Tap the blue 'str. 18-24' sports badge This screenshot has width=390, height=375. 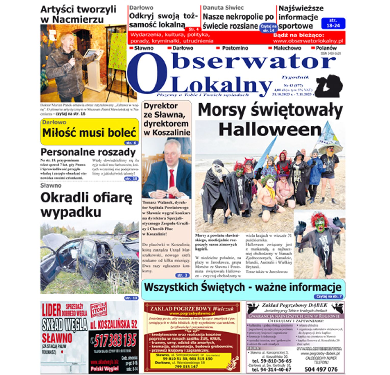[x=333, y=23]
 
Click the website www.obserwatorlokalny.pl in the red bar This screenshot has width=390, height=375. [x=308, y=41]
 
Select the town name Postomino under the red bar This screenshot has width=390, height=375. [x=235, y=48]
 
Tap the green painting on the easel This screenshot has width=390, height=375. [x=118, y=51]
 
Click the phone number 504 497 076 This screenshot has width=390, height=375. [x=321, y=369]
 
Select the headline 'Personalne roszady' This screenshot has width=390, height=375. [x=88, y=152]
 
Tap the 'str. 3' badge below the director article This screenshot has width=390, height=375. [x=183, y=275]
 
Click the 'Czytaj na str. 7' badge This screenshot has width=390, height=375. [x=329, y=297]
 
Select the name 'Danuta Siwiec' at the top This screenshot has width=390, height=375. [x=223, y=8]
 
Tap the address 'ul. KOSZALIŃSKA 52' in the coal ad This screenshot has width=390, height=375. [x=114, y=324]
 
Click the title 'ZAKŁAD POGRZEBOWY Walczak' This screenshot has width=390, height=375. [x=192, y=309]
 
